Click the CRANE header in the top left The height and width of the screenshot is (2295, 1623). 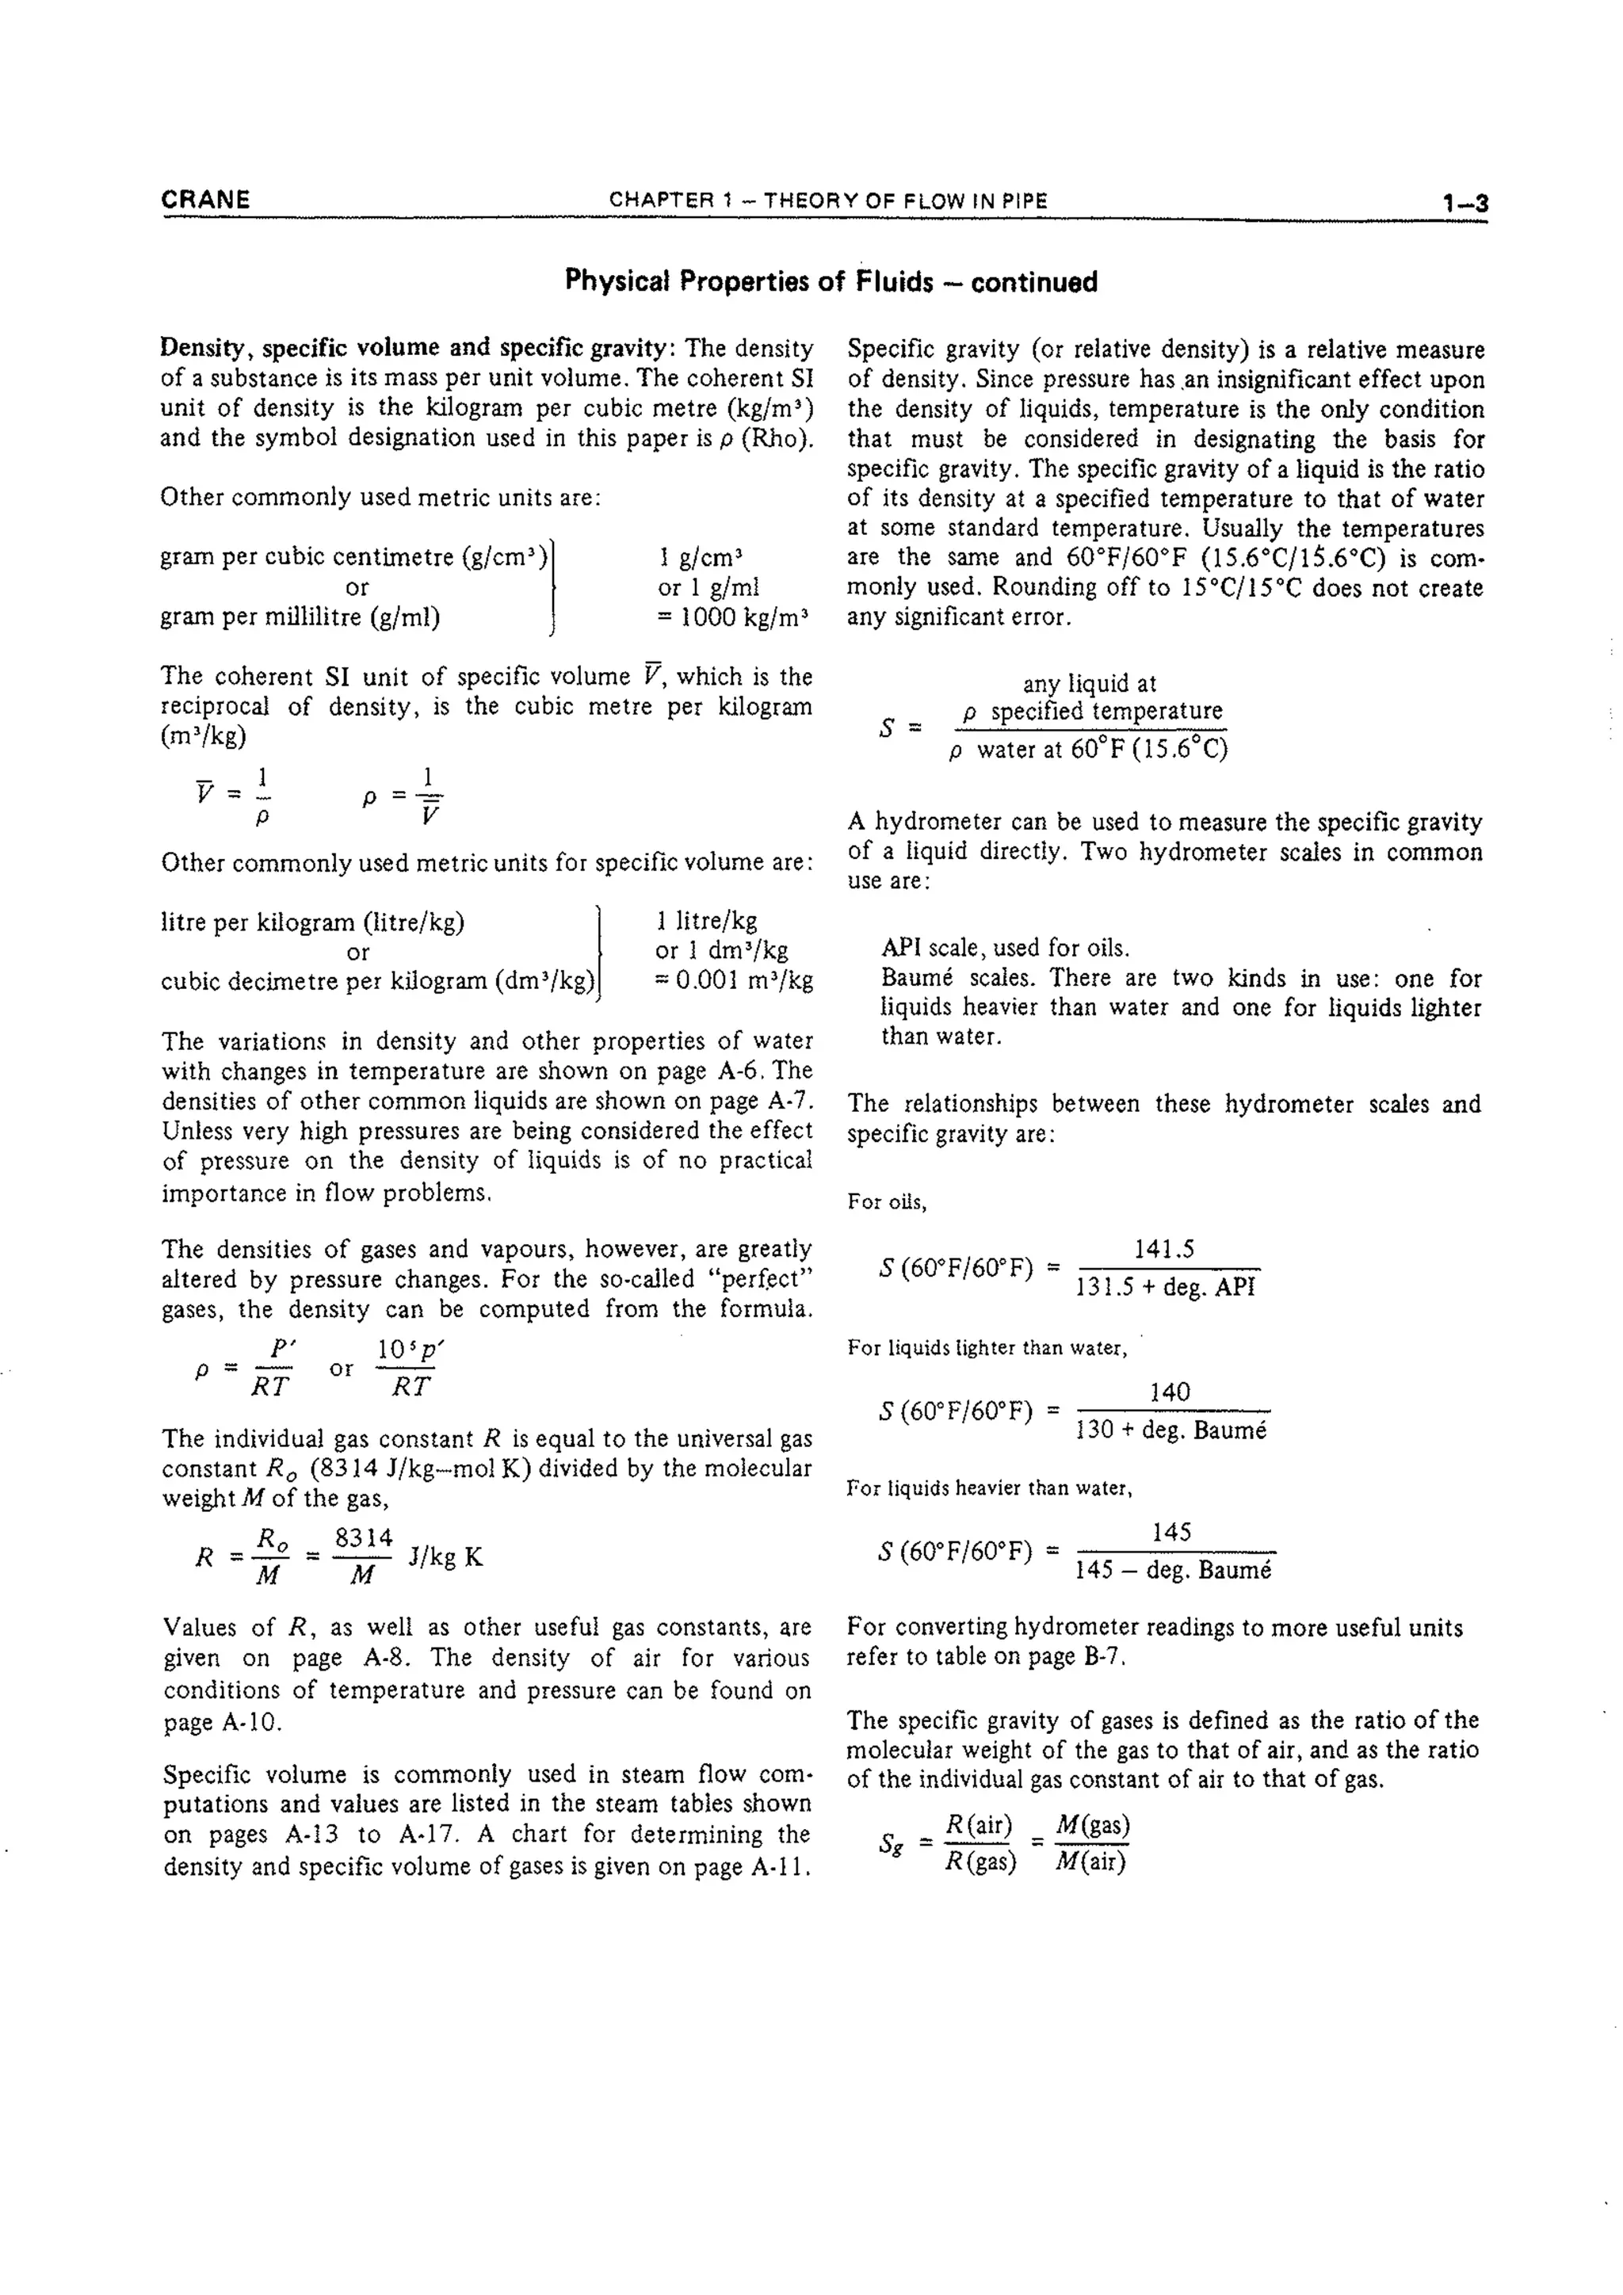coord(205,200)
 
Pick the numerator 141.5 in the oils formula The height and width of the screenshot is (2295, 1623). coord(1164,1250)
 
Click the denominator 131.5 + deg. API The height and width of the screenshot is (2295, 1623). coord(1164,1288)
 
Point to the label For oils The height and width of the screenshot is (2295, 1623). coord(887,1202)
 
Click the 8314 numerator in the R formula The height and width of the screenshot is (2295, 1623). coord(364,1538)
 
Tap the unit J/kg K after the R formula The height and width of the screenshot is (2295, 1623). coord(445,1557)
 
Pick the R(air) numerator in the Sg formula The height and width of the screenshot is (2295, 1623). coord(979,1825)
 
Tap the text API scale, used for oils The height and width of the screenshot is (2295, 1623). coord(1004,948)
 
